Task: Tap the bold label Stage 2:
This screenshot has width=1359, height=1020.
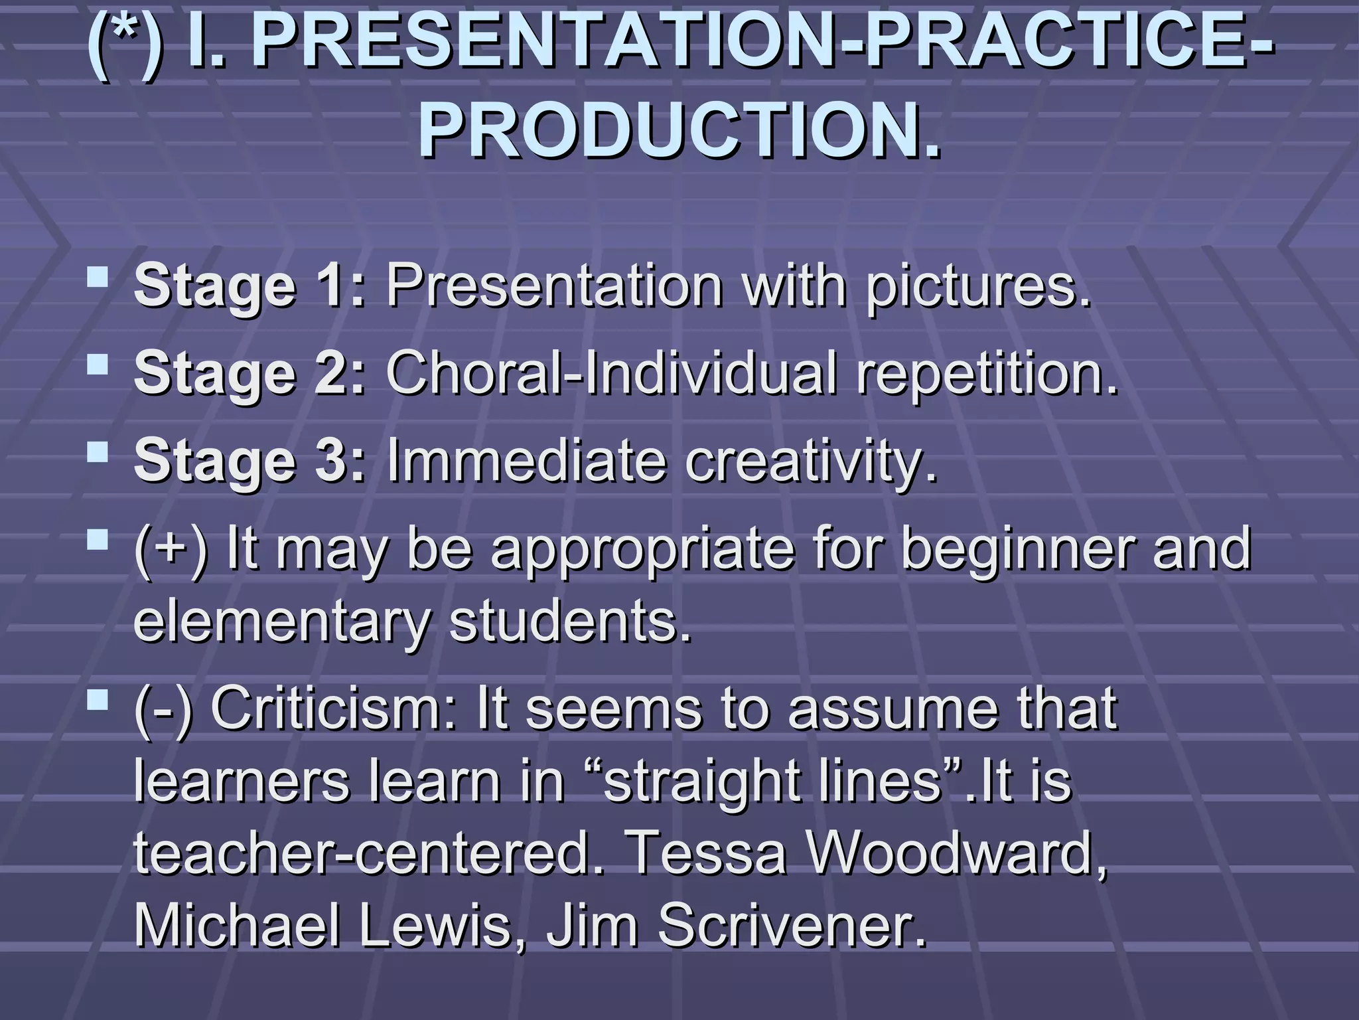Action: click(x=250, y=374)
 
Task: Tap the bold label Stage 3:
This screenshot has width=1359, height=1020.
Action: click(x=250, y=461)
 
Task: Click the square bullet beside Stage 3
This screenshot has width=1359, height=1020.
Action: click(x=98, y=452)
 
